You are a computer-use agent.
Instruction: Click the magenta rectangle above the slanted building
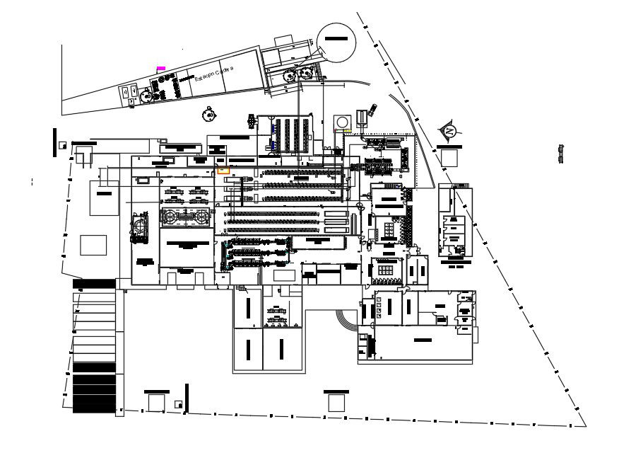[161, 68]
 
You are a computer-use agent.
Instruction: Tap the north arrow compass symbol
[449, 131]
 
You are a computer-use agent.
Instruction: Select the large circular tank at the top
[336, 43]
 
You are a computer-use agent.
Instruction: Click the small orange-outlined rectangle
[223, 169]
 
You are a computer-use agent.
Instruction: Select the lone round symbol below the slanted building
[208, 113]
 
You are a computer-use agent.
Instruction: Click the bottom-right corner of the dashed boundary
[586, 427]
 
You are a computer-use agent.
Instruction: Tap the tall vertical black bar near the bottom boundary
[187, 396]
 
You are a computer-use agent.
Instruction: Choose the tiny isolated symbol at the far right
[561, 154]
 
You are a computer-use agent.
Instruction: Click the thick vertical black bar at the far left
[54, 142]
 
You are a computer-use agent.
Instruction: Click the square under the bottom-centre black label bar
[336, 402]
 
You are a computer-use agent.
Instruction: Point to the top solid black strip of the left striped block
[93, 284]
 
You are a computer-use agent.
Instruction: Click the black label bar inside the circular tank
[336, 38]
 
